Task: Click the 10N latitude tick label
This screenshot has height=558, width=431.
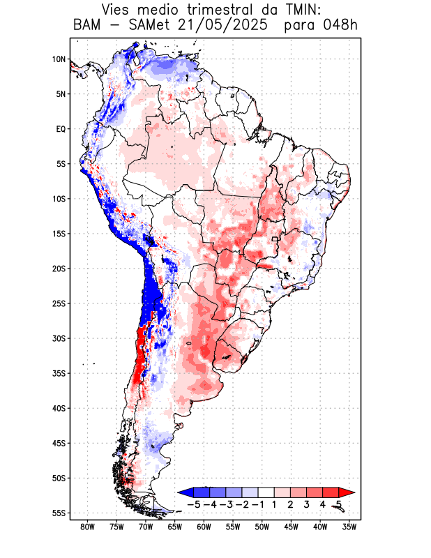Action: pos(59,59)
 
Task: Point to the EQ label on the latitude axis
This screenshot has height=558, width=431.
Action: pos(61,129)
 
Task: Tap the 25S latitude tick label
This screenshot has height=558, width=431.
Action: pos(59,303)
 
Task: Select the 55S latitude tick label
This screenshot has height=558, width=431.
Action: pos(59,513)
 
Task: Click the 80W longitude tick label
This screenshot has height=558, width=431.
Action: pos(87,527)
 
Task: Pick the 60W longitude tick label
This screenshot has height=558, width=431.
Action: pos(204,527)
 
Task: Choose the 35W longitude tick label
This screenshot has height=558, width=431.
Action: pos(349,527)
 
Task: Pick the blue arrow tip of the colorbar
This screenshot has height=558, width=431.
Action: pos(183,492)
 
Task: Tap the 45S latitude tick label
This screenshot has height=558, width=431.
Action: pos(59,444)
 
